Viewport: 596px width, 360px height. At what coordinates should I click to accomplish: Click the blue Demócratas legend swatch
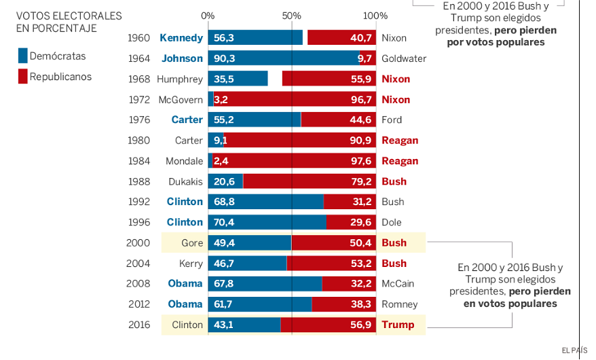point(23,56)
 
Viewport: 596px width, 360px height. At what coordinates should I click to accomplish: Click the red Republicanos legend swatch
point(23,77)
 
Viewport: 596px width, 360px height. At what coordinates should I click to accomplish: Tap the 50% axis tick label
point(291,16)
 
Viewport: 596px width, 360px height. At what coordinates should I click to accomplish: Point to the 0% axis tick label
point(208,16)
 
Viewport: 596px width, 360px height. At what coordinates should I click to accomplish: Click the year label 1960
point(138,38)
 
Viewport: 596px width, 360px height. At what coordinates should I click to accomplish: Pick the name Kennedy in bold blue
point(181,38)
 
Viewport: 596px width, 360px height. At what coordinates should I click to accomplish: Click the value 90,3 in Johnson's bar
point(224,58)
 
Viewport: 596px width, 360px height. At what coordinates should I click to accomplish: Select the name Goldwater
point(404,58)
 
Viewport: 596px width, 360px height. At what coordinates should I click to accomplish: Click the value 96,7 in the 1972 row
point(360,100)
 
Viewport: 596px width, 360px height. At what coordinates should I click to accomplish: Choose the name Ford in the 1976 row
point(392,120)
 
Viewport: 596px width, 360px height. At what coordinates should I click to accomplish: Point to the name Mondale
point(184,161)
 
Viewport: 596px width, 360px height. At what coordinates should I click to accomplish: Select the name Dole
point(391,222)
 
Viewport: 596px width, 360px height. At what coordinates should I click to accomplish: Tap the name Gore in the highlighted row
point(192,242)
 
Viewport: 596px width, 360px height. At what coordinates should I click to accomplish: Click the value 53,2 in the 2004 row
point(360,264)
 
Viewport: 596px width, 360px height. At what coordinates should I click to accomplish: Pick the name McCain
point(398,284)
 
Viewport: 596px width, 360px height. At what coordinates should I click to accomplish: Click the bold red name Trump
point(398,325)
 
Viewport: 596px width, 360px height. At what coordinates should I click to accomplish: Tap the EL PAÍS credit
point(574,350)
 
